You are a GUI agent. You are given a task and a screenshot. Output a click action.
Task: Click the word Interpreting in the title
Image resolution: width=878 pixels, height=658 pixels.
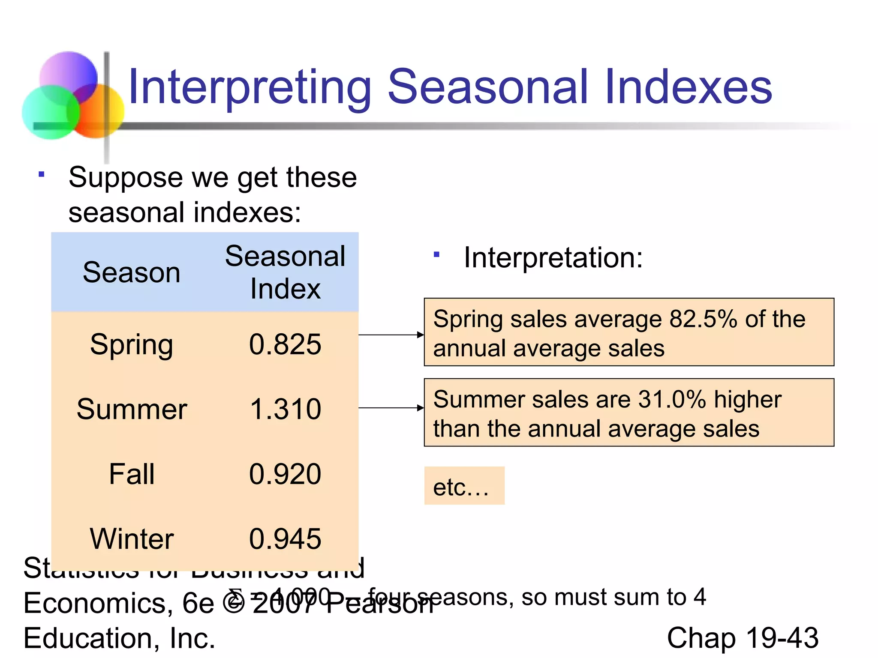click(x=250, y=88)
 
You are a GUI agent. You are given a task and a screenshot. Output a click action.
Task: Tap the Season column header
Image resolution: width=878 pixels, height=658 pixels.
click(x=132, y=272)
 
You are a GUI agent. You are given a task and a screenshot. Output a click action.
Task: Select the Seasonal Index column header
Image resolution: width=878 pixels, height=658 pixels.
click(x=285, y=272)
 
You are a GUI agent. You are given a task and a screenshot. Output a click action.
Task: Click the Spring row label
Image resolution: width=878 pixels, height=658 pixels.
click(x=132, y=345)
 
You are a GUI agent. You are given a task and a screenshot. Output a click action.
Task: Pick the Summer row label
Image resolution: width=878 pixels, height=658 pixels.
click(x=132, y=409)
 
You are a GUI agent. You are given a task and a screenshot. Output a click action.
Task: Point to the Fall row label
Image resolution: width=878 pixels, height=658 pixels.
click(x=132, y=474)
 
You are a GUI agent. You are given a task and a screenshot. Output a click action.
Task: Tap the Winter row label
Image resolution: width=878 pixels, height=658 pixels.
click(x=132, y=539)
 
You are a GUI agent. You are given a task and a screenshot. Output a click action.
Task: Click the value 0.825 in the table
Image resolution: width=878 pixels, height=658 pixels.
click(x=285, y=344)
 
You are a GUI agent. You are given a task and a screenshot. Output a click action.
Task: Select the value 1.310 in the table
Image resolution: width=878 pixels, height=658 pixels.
click(x=285, y=409)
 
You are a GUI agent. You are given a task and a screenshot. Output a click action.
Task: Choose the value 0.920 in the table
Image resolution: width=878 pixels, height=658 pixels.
click(x=285, y=474)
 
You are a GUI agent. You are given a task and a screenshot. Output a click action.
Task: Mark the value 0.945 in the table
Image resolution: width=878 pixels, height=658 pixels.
click(x=285, y=539)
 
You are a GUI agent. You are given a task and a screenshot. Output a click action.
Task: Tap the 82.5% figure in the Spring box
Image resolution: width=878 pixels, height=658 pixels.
click(x=703, y=319)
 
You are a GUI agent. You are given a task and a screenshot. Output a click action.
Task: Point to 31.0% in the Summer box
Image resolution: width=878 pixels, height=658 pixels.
click(x=672, y=400)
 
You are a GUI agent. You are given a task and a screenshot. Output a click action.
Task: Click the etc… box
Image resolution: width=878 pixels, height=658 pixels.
click(x=464, y=486)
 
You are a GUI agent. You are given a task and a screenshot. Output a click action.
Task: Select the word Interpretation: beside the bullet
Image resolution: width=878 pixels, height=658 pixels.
click(x=553, y=258)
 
